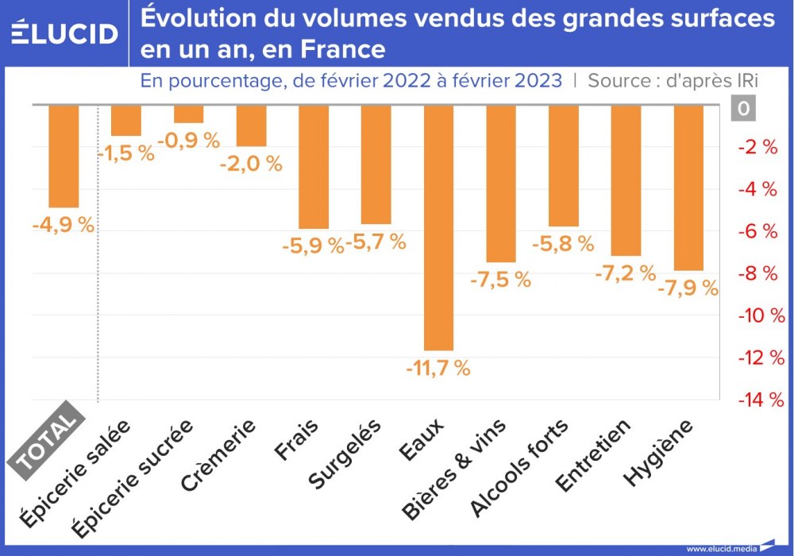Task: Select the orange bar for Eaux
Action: [438, 227]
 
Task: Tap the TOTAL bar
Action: [64, 156]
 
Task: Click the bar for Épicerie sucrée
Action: [188, 114]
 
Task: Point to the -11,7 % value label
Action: [438, 369]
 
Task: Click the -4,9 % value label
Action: [64, 225]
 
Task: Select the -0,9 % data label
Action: [188, 141]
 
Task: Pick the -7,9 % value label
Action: [688, 287]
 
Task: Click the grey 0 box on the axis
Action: [743, 109]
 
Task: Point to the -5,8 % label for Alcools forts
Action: [563, 244]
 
